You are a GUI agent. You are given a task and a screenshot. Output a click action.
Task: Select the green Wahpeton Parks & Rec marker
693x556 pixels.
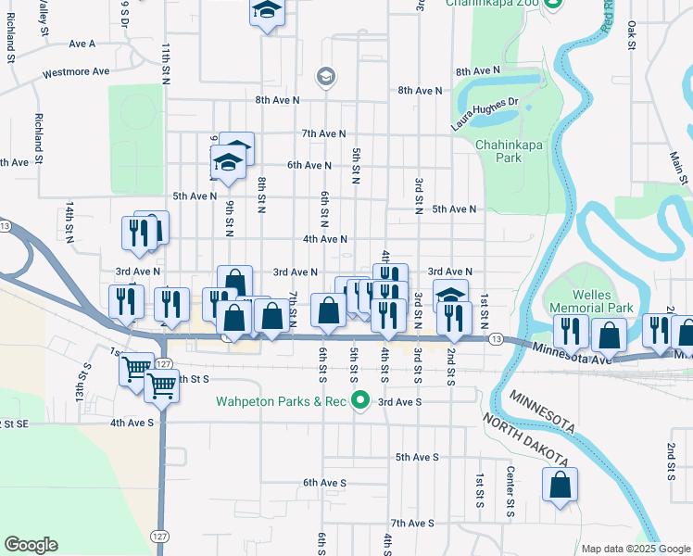pyautogui.click(x=361, y=401)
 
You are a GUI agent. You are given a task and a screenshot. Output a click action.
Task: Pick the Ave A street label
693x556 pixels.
pyautogui.click(x=82, y=44)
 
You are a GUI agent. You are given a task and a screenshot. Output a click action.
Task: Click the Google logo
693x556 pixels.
pyautogui.click(x=31, y=545)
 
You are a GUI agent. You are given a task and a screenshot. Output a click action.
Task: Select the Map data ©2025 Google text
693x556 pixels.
pyautogui.click(x=636, y=549)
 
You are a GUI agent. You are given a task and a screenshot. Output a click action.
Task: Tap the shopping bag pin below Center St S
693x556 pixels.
pyautogui.click(x=561, y=486)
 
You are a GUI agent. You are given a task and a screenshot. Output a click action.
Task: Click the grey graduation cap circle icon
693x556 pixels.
pyautogui.click(x=325, y=77)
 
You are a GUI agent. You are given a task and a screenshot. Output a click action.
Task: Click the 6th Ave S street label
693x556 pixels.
pyautogui.click(x=323, y=483)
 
